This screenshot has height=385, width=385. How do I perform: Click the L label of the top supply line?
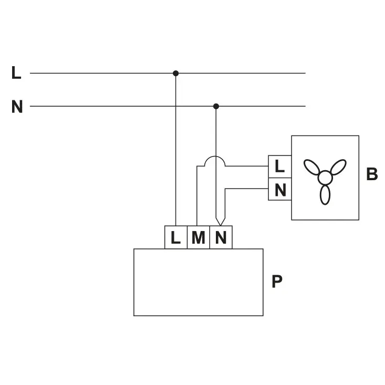pyautogui.click(x=16, y=73)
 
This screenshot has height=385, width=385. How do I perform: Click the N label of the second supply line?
pyautogui.click(x=17, y=107)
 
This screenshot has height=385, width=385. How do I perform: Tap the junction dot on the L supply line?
pyautogui.click(x=176, y=74)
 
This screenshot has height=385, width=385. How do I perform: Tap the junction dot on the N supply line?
pyautogui.click(x=216, y=106)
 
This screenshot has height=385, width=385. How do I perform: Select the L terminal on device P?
pyautogui.click(x=176, y=237)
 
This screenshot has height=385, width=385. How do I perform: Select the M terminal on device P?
pyautogui.click(x=198, y=237)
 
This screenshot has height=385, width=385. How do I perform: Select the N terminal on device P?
pyautogui.click(x=221, y=237)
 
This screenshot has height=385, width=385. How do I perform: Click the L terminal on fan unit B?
pyautogui.click(x=280, y=167)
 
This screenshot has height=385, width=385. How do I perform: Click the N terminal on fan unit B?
pyautogui.click(x=280, y=189)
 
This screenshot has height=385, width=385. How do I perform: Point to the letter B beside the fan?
pyautogui.click(x=372, y=174)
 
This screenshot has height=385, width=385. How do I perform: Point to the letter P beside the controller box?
pyautogui.click(x=277, y=282)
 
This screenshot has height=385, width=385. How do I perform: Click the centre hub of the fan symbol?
pyautogui.click(x=325, y=178)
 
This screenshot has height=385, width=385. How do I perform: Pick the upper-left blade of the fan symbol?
pyautogui.click(x=312, y=168)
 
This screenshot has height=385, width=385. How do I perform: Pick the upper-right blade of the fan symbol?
pyautogui.click(x=338, y=167)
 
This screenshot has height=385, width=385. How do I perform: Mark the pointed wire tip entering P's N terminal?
pyautogui.click(x=220, y=220)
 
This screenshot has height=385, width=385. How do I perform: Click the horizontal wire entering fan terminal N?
pyautogui.click(x=247, y=189)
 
